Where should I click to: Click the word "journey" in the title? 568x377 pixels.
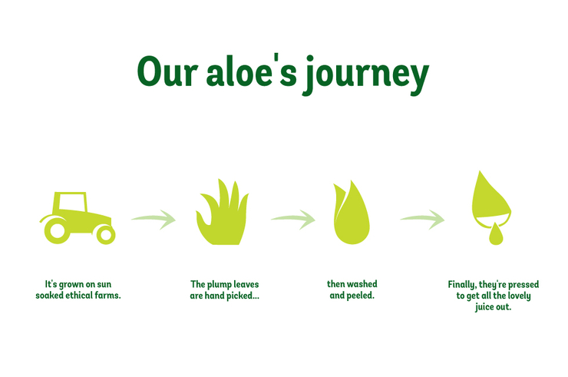click(x=366, y=74)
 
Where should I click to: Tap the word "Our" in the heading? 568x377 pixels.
click(x=167, y=71)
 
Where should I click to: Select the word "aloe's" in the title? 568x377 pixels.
click(x=251, y=71)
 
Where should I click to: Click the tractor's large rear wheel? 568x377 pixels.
click(x=57, y=230)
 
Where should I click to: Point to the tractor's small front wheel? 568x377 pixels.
click(x=106, y=234)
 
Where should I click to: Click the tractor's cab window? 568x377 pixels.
click(x=72, y=202)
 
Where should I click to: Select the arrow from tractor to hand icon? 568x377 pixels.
click(x=154, y=219)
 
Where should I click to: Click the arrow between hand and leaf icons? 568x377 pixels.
click(x=293, y=219)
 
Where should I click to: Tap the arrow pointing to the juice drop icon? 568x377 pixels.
click(x=422, y=219)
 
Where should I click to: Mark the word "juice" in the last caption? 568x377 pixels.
click(x=484, y=307)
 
